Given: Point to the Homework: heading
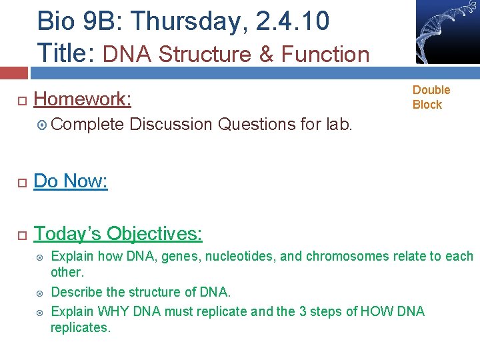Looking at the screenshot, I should [82, 99].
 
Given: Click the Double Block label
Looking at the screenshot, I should [431, 97].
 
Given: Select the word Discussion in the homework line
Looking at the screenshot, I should [171, 125].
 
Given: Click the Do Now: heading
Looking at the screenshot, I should [71, 181].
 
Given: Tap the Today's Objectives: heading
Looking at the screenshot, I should [118, 233].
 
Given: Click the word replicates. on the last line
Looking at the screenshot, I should [80, 327].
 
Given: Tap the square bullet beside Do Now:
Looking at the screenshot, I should [21, 181].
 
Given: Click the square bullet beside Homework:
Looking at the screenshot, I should [21, 100].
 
